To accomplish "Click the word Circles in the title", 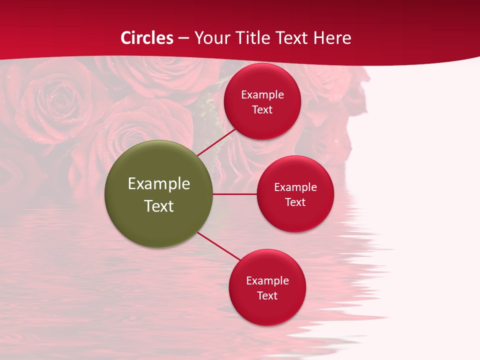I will (147, 38).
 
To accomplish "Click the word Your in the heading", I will (211, 38).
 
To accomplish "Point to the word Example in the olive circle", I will (159, 184).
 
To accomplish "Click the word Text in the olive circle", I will (159, 206).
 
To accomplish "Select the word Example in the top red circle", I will (262, 95).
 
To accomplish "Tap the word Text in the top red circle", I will (262, 110).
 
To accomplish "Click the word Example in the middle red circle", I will (295, 187).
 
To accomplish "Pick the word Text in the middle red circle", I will (295, 202).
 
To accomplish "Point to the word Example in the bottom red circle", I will (267, 281).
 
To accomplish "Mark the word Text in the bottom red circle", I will (267, 296).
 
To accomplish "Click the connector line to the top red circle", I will (216, 142).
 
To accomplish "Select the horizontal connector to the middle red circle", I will (235, 194).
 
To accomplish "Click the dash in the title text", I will (183, 38).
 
